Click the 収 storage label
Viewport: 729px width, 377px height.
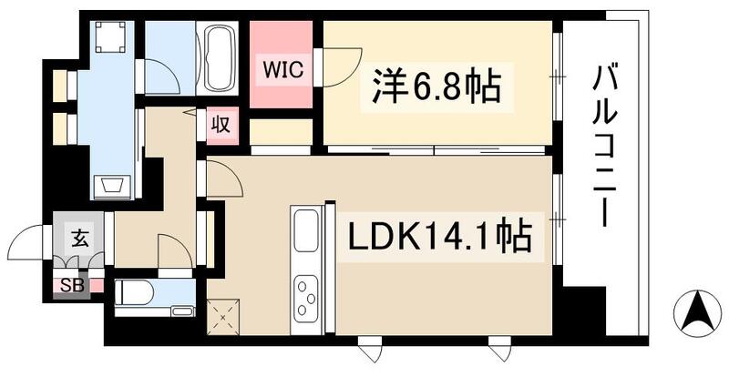pyautogui.click(x=221, y=123)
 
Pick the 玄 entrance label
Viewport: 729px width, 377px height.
pyautogui.click(x=79, y=240)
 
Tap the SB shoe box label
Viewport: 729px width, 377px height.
pyautogui.click(x=70, y=284)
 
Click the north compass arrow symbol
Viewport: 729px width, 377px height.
pyautogui.click(x=697, y=311)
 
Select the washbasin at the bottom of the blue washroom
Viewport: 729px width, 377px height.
pyautogui.click(x=114, y=186)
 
